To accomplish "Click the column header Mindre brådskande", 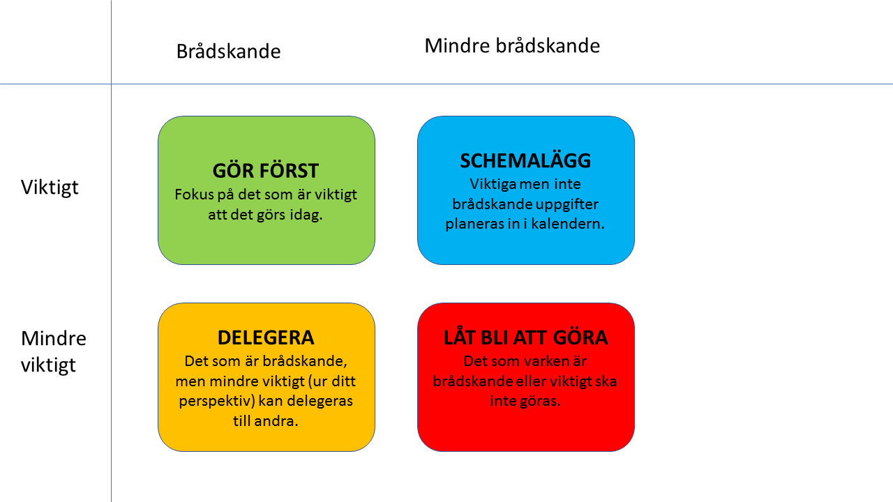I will pyautogui.click(x=512, y=46).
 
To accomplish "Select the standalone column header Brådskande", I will pyautogui.click(x=228, y=52).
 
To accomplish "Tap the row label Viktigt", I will pyautogui.click(x=50, y=188).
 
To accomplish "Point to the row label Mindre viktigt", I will pyautogui.click(x=53, y=351).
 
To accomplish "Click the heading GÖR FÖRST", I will pyautogui.click(x=266, y=171).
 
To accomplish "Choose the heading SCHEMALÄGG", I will pyautogui.click(x=525, y=161).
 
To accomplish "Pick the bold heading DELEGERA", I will pyautogui.click(x=266, y=338).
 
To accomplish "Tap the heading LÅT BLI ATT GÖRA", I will pyautogui.click(x=525, y=338).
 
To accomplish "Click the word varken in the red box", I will pyautogui.click(x=543, y=362).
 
